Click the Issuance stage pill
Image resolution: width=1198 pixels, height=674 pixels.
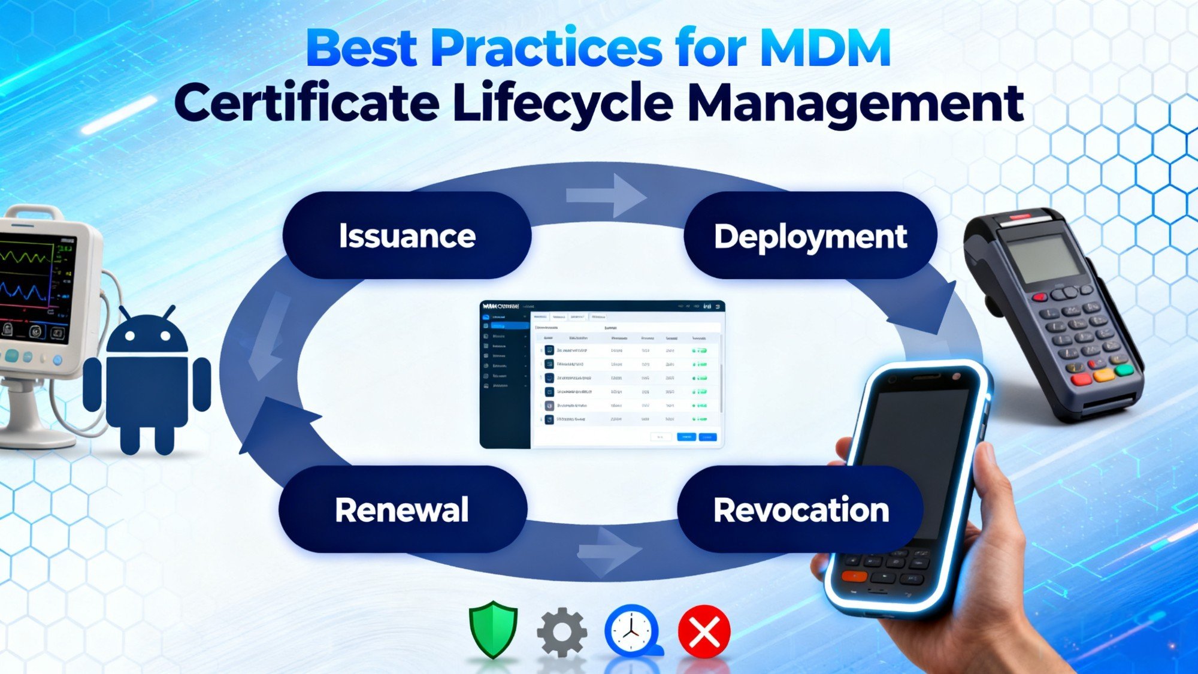point(407,235)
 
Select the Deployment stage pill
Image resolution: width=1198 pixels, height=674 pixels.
point(810,235)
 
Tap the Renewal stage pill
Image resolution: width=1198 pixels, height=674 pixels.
point(402,509)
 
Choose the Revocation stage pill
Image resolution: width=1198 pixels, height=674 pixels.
point(800,509)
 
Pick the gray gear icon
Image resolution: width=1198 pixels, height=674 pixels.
point(561,631)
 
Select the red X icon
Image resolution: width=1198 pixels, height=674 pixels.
point(704,631)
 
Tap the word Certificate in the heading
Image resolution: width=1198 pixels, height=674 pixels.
point(307,104)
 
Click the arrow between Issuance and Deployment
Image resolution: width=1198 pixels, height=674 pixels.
point(606,196)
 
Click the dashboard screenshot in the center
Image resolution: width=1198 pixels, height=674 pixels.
point(602,374)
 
